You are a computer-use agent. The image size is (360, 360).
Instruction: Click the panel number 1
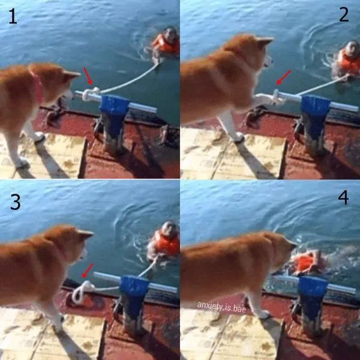click(x=13, y=16)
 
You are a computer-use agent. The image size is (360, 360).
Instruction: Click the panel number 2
click(x=344, y=14)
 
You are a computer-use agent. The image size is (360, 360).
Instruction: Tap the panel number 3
click(x=16, y=202)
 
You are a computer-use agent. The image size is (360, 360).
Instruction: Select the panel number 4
click(x=343, y=197)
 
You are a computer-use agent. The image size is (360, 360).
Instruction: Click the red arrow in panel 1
click(x=88, y=76)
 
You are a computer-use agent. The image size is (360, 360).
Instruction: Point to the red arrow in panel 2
click(x=284, y=77)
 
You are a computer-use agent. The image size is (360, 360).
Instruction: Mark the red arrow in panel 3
click(x=88, y=271)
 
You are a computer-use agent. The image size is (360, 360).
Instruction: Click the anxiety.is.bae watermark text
click(x=221, y=307)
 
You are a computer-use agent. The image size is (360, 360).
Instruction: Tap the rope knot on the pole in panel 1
click(x=90, y=94)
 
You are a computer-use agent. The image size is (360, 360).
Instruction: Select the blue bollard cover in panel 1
click(x=114, y=110)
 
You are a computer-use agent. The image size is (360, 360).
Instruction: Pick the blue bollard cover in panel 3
click(x=134, y=291)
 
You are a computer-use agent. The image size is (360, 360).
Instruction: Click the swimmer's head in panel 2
click(x=352, y=49)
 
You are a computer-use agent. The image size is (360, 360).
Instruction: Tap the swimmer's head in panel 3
click(x=169, y=229)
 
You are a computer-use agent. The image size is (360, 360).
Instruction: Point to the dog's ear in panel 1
click(x=70, y=74)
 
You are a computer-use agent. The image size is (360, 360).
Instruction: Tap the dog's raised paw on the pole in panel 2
click(x=264, y=99)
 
